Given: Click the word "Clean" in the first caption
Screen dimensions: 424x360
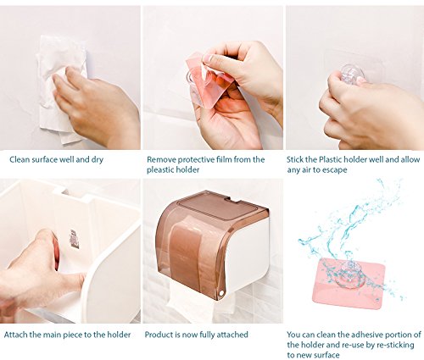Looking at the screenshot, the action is point(20,159).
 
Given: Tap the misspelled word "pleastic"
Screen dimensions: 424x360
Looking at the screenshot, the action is point(160,170).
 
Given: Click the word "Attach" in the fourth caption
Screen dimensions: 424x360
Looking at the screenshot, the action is point(15,335).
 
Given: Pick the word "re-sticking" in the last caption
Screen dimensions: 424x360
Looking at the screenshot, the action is point(396,345).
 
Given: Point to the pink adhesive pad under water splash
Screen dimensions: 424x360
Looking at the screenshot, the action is point(350,282).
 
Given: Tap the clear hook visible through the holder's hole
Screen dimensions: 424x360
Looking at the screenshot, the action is point(74,239).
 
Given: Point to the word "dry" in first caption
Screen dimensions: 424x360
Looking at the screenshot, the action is point(97,160).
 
